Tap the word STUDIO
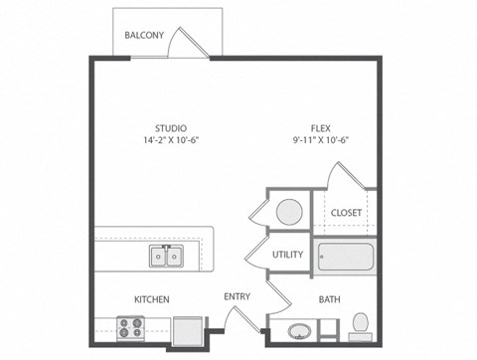pos(171,127)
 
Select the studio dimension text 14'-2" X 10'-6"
pos(171,140)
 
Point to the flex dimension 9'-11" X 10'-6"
pos(320,140)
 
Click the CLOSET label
pos(346,212)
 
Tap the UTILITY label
pos(287,255)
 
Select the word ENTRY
pos(237,296)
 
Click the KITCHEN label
pos(151,299)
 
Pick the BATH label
pos(330,299)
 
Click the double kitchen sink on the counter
pos(166,257)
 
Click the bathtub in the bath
pos(344,258)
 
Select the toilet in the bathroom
pos(361,324)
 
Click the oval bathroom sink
pos(299,330)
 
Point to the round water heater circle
pos(289,212)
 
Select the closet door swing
pos(344,176)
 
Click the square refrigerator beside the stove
pos(186,329)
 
